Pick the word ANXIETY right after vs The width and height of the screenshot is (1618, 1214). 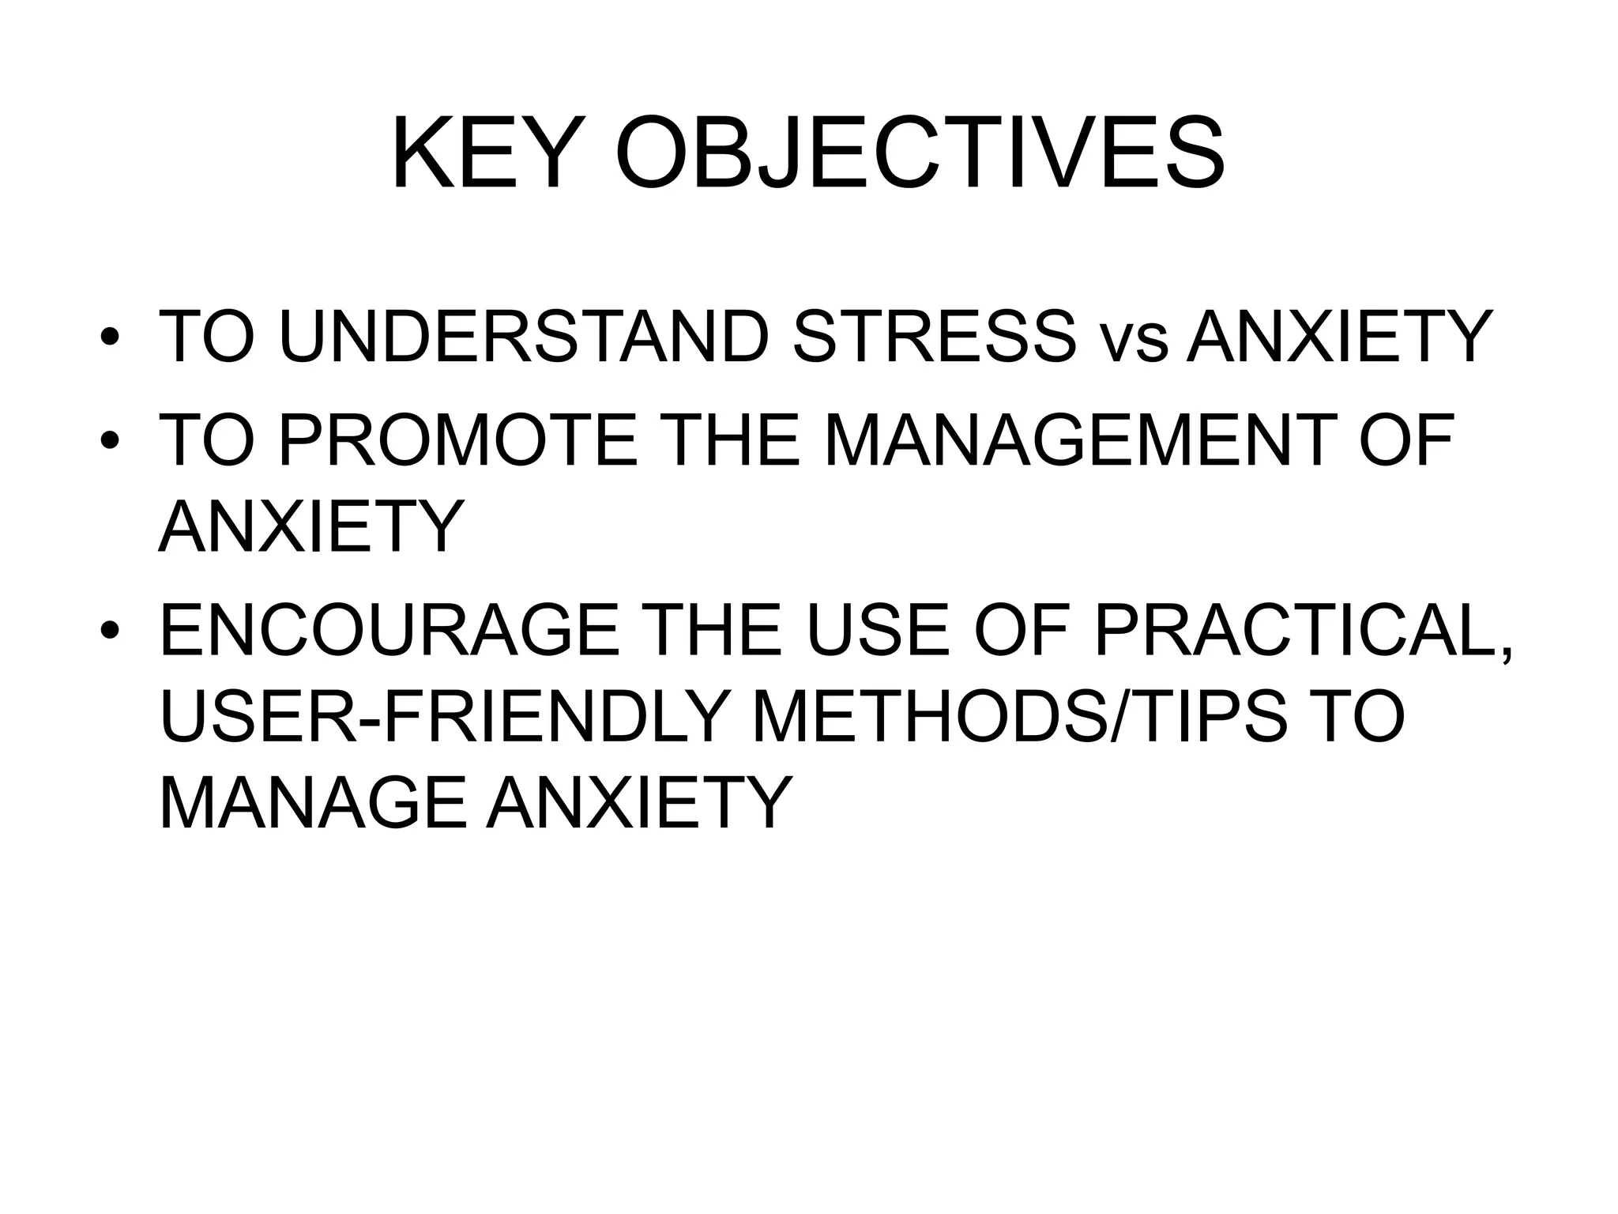(x=1340, y=337)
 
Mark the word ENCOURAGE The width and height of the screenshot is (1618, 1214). (x=389, y=630)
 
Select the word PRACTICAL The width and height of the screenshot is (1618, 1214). (x=1304, y=630)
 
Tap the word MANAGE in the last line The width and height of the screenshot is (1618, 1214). (x=314, y=803)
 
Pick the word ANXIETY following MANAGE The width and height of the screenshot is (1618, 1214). (x=639, y=803)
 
